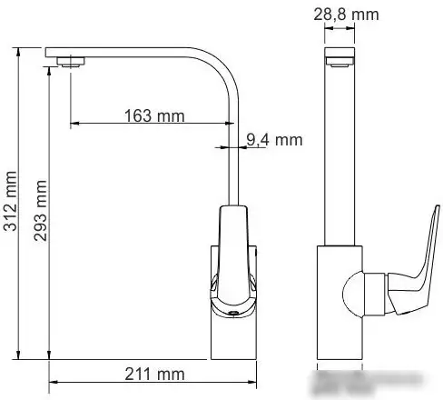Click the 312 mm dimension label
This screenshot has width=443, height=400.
(x=11, y=202)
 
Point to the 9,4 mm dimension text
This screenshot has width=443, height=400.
(x=273, y=139)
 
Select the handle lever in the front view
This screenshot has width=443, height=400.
(x=233, y=259)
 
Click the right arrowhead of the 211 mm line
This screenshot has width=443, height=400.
(x=258, y=382)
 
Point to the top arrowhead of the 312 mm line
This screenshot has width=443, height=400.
(x=19, y=50)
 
